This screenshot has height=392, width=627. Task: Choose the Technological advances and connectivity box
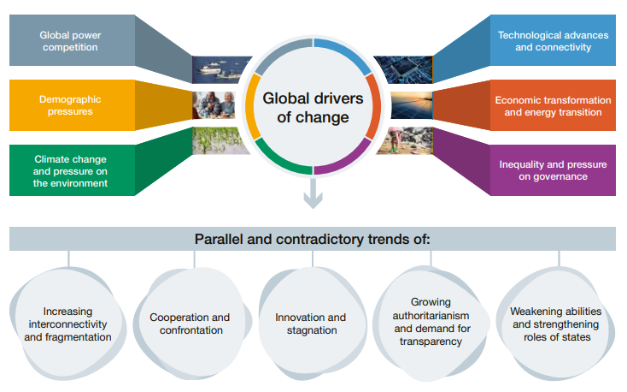[553, 41]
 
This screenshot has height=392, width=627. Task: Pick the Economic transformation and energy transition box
[553, 105]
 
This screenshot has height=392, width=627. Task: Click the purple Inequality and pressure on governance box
[553, 169]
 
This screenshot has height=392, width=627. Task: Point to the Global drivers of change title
[313, 108]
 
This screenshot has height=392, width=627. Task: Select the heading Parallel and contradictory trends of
[313, 239]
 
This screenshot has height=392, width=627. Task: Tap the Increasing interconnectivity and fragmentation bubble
[68, 324]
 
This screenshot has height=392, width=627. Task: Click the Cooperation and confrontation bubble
[190, 324]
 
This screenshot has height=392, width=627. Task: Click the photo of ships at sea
[222, 68]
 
